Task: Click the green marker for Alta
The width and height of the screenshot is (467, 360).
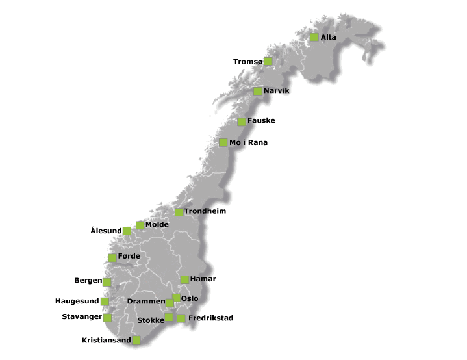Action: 314,37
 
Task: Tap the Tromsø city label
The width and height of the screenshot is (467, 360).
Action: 248,62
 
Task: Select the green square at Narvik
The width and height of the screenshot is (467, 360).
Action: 258,91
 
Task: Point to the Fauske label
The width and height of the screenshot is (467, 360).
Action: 261,121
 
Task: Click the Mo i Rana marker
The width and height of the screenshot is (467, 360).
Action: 223,142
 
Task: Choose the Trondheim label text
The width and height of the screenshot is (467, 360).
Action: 205,211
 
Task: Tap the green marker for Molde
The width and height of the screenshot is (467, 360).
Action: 140,225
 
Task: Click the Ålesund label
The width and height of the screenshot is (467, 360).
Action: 106,231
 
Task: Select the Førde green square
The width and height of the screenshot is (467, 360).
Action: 113,257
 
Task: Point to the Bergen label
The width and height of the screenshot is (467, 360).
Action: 88,281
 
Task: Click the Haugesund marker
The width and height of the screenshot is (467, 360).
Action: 105,302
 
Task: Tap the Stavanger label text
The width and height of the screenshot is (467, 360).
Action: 82,317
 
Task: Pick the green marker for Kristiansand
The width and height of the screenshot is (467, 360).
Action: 136,340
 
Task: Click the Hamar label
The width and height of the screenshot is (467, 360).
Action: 203,279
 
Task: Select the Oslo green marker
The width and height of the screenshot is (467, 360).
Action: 176,298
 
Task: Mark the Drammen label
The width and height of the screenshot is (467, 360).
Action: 146,302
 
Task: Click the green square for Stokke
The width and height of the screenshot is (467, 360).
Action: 169,317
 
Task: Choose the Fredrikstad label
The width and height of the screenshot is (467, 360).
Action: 210,318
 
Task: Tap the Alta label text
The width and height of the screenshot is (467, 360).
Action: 328,38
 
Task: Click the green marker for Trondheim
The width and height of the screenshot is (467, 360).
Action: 179,212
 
